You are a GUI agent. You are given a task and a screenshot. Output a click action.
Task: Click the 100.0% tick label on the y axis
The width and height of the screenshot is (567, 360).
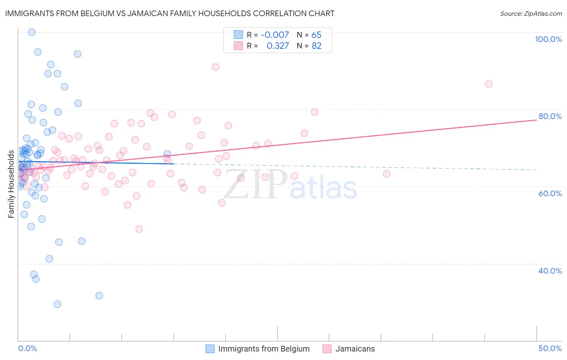548,39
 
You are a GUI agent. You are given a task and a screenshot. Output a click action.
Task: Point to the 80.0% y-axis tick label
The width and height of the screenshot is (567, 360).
550,116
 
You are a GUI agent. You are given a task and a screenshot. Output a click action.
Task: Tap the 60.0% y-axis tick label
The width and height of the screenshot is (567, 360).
550,193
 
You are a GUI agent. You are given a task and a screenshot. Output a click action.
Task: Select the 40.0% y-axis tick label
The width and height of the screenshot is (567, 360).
550,271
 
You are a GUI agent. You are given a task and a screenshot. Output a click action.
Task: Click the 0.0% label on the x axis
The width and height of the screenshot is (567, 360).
27,348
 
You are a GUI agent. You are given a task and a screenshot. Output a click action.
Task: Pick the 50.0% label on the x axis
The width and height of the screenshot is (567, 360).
550,348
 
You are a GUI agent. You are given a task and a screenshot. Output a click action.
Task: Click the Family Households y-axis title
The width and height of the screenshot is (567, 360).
11,184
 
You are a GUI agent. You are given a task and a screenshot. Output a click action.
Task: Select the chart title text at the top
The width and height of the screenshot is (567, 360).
169,13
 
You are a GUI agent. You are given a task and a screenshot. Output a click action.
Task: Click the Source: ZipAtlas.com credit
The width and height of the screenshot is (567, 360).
531,14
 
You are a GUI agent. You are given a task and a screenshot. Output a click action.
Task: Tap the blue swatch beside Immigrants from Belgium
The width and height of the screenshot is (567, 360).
210,349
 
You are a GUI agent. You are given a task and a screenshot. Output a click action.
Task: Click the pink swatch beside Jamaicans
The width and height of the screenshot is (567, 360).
327,349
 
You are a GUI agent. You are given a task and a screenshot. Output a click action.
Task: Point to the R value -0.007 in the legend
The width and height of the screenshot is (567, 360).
275,35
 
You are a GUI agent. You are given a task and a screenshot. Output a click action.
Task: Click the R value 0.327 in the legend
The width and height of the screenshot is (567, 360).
277,46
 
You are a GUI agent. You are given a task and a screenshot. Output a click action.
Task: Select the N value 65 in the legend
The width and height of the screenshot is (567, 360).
317,35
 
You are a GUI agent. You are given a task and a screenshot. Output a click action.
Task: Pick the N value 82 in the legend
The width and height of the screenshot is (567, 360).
317,46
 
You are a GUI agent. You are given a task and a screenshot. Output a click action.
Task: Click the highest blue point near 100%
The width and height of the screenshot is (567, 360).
32,32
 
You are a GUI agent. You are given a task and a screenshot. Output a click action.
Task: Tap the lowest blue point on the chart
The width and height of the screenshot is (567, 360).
58,304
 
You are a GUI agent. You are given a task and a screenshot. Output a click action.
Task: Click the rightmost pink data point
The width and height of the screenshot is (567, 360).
489,84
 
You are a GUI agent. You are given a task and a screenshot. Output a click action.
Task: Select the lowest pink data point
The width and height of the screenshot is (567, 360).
139,229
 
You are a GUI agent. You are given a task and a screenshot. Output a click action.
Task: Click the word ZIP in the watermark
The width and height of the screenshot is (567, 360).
255,184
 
